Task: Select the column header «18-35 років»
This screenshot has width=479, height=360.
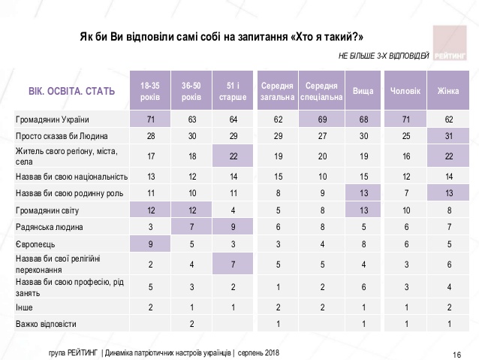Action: pos(149,92)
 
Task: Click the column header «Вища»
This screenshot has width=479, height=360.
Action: pos(363,92)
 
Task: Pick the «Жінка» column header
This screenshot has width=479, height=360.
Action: pos(450,92)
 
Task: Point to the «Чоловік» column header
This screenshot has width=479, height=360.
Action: pos(406,92)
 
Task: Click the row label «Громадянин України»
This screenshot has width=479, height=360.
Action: pos(53,119)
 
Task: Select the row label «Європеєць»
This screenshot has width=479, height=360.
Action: pos(37,244)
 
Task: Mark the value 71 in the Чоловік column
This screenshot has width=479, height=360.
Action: pos(406,119)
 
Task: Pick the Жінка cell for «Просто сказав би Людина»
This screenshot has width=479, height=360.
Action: pos(450,136)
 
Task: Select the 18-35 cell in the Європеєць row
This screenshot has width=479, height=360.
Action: pos(149,244)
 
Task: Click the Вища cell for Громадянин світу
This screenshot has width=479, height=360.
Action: pos(363,208)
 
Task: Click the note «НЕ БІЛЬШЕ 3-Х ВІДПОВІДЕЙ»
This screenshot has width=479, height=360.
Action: pos(384,56)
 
